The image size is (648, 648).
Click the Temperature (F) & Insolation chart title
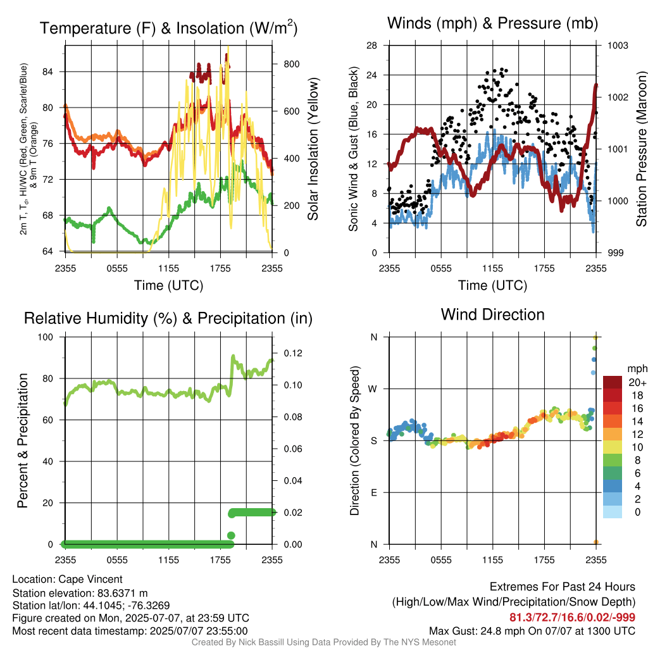[168, 28]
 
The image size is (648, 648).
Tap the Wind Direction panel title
[492, 315]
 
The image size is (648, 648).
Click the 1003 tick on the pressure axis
[618, 45]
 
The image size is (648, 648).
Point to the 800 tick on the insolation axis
[292, 64]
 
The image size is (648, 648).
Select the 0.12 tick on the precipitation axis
[293, 353]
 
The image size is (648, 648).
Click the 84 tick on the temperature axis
[47, 72]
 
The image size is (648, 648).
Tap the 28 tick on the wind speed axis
[371, 45]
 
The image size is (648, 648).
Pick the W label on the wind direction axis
[373, 389]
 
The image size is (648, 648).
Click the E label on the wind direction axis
[374, 492]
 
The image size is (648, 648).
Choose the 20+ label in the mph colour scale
[637, 382]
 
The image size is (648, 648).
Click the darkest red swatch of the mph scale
[613, 383]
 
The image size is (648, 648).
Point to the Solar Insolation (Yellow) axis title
[313, 149]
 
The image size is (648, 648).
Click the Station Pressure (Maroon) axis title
[641, 149]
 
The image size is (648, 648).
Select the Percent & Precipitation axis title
[22, 440]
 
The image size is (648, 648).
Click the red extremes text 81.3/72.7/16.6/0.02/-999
[572, 618]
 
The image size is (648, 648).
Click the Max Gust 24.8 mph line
[532, 631]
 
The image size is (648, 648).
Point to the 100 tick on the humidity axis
[46, 337]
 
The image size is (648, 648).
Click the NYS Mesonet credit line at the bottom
[324, 642]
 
